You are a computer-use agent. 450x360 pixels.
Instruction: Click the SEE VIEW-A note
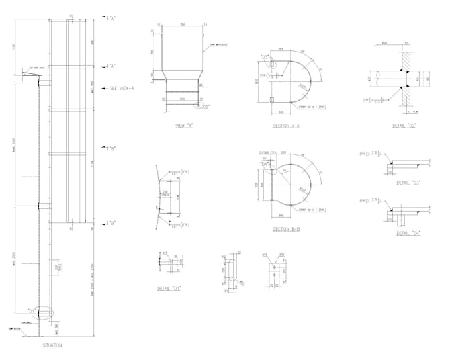pos(122,87)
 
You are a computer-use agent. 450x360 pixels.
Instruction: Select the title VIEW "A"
pos(183,125)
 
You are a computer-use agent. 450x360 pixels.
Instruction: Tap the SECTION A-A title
pos(286,125)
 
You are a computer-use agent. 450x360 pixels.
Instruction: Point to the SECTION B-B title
pos(286,229)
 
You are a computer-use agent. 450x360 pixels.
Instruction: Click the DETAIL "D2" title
pos(404,125)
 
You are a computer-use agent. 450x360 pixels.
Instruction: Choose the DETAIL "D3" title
pos(408,182)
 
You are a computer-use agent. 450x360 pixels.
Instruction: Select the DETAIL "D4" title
pos(408,232)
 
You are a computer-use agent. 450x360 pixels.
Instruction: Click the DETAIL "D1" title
pos(169,289)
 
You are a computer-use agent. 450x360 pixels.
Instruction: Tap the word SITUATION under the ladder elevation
pos(52,345)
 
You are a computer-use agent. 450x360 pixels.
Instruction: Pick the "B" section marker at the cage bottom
pos(109,223)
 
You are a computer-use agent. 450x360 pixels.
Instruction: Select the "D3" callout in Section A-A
pos(265,58)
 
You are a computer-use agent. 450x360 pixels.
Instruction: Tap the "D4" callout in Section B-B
pos(265,163)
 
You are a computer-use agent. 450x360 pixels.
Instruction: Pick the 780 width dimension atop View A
pos(182,25)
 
